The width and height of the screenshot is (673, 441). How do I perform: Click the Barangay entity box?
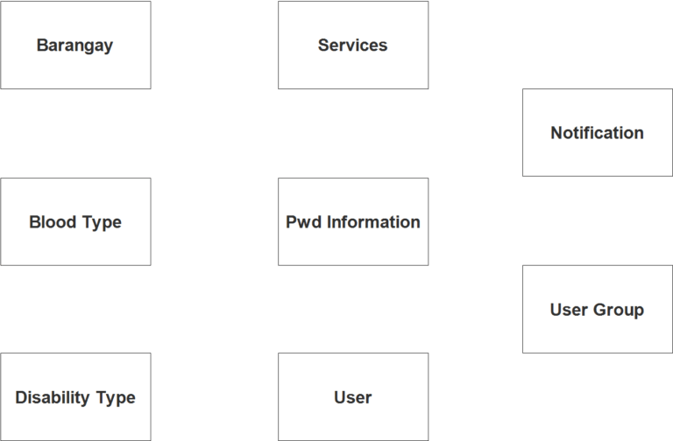75,45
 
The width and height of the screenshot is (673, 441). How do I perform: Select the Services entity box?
353,45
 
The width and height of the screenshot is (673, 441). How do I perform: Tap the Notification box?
597,133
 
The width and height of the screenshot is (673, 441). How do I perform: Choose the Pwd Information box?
353,221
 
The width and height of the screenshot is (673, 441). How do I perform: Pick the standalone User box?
353,396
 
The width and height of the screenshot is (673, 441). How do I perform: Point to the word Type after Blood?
101,222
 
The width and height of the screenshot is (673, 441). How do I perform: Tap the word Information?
373,222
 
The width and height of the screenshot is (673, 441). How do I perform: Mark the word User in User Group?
569,311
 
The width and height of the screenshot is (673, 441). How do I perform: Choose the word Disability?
53,398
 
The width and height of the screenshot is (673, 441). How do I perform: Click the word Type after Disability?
116,398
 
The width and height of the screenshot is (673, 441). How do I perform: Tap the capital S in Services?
323,45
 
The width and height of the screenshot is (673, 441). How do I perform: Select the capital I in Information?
329,222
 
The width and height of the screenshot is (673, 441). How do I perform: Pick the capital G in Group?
599,311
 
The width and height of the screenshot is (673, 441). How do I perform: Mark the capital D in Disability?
21,398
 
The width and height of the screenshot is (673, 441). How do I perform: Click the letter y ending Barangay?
108,47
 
